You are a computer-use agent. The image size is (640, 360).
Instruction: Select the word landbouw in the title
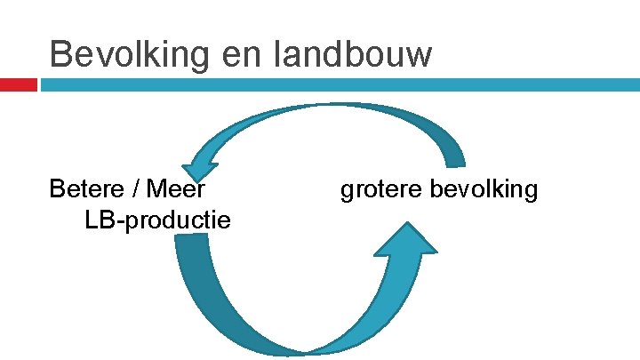coord(355,54)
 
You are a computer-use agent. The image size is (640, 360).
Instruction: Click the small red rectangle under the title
coord(18,85)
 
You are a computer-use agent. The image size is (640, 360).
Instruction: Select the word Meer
coord(176,188)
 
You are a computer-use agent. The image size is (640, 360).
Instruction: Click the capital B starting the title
coord(60,54)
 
